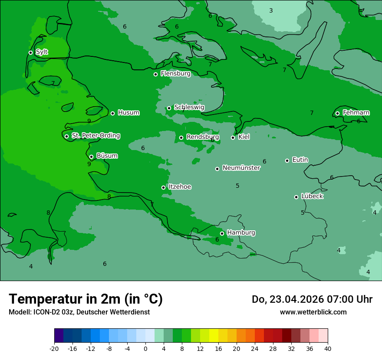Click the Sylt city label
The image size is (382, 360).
pyautogui.click(x=42, y=52)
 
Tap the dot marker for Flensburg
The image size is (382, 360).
pyautogui.click(x=155, y=74)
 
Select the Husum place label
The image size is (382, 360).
pyautogui.click(x=128, y=113)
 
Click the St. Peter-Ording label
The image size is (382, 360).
pyautogui.click(x=95, y=136)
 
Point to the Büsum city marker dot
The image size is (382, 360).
pyautogui.click(x=91, y=157)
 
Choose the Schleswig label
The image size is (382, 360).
pyautogui.click(x=189, y=107)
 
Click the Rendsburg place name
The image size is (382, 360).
pyautogui.click(x=202, y=137)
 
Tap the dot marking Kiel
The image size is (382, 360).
pyautogui.click(x=233, y=138)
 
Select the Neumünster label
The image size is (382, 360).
pyautogui.click(x=241, y=168)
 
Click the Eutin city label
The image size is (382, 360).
pyautogui.click(x=300, y=160)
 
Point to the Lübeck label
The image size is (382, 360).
pyautogui.click(x=312, y=196)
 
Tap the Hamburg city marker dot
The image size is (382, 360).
pyautogui.click(x=222, y=233)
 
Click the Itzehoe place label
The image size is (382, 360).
pyautogui.click(x=180, y=187)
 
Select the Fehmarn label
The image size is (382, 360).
pyautogui.click(x=356, y=113)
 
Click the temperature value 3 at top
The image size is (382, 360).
pyautogui.click(x=271, y=10)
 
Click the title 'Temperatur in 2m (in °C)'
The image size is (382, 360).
pyautogui.click(x=86, y=299)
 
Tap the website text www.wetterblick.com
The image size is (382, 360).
pyautogui.click(x=313, y=312)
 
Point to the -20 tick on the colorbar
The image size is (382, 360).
pyautogui.click(x=54, y=348)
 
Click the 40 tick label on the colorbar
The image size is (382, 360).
pyautogui.click(x=328, y=348)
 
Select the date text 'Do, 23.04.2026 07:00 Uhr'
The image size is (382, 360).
pyautogui.click(x=312, y=299)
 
